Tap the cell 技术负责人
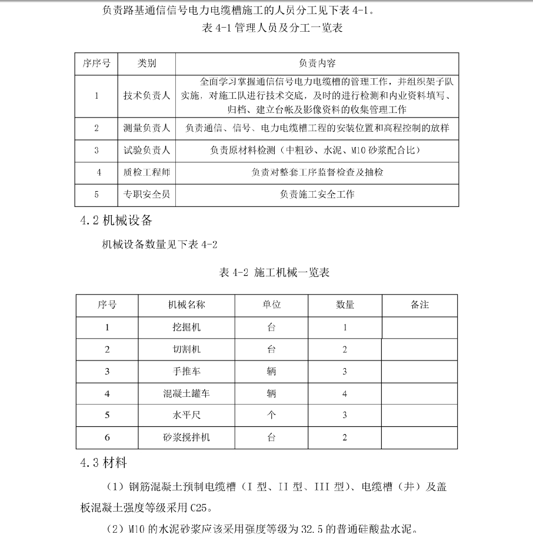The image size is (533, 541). pyautogui.click(x=146, y=96)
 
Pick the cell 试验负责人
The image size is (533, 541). pyautogui.click(x=146, y=151)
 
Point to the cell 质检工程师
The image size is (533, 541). pyautogui.click(x=146, y=172)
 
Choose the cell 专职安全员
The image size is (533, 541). pyautogui.click(x=146, y=194)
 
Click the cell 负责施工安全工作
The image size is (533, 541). pyautogui.click(x=317, y=194)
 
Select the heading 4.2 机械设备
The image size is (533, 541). pyautogui.click(x=116, y=221)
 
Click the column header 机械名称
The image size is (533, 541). pyautogui.click(x=186, y=305)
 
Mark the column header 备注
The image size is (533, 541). pyautogui.click(x=419, y=305)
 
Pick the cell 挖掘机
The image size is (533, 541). pyautogui.click(x=186, y=327)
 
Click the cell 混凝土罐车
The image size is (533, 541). pyautogui.click(x=186, y=393)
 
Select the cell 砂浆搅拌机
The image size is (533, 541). pyautogui.click(x=186, y=438)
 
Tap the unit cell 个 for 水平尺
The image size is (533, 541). pyautogui.click(x=271, y=415)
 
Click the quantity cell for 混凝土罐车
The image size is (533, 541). pyautogui.click(x=345, y=393)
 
